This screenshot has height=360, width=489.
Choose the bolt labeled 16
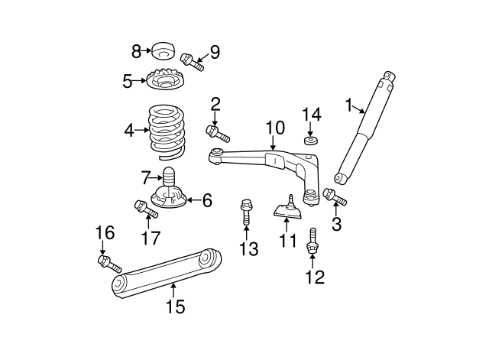tap(108, 264)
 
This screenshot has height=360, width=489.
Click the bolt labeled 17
tap(143, 207)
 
